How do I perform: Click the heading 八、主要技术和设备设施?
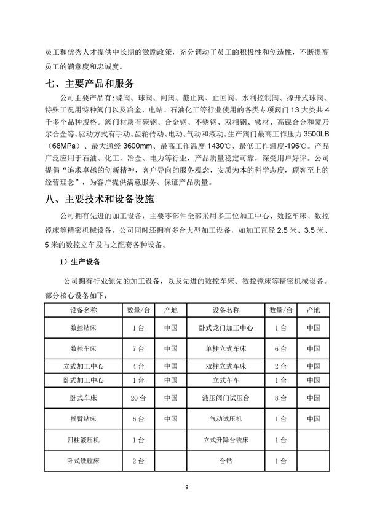point(101,200)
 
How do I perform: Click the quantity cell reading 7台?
point(138,348)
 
